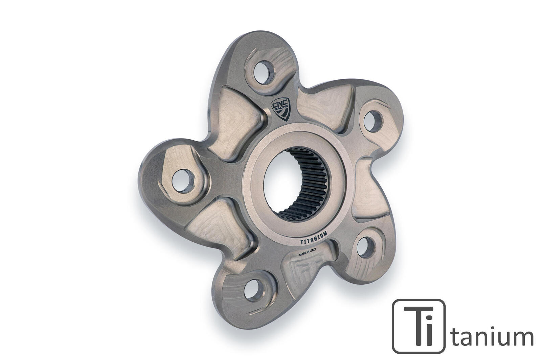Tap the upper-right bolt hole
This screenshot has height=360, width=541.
tap(373, 120)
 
